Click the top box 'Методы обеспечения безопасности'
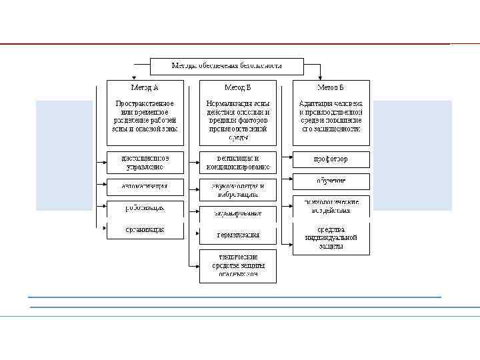click(x=227, y=66)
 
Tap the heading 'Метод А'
click(x=145, y=87)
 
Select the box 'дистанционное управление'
click(x=145, y=163)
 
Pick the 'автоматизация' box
click(x=145, y=185)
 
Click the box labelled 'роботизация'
click(x=145, y=208)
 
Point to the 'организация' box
click(x=145, y=230)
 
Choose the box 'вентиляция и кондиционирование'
click(x=238, y=163)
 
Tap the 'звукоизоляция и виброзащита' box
click(x=238, y=189)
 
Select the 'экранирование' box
click(x=238, y=213)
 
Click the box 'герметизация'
click(x=238, y=235)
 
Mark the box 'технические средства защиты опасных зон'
click(x=238, y=265)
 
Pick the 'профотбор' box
click(x=331, y=160)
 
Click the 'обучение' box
click(x=331, y=181)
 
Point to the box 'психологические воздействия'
click(x=331, y=205)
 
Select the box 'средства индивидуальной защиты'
click(x=331, y=238)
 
